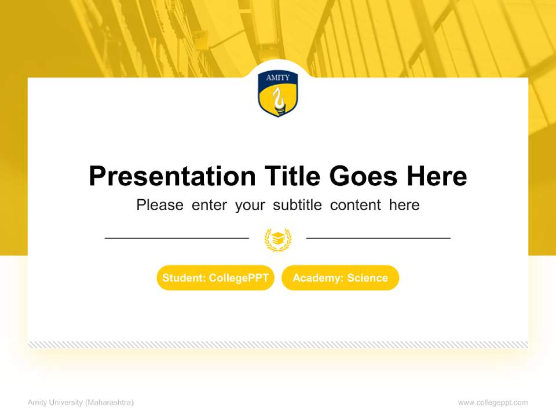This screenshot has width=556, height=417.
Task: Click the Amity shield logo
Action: (x=278, y=94)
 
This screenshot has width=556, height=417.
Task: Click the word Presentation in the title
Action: (x=172, y=176)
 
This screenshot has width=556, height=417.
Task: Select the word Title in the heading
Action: (x=293, y=176)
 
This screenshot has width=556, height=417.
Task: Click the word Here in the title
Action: (x=437, y=176)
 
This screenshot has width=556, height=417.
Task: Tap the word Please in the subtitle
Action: (x=160, y=205)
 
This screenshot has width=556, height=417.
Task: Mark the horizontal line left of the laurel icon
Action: (x=177, y=237)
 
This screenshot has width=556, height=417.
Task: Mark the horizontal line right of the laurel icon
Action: (x=378, y=237)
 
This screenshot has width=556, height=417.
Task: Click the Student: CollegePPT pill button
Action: (x=215, y=278)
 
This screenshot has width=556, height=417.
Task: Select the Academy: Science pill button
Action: (x=340, y=278)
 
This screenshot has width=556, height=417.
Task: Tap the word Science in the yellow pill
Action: (x=367, y=278)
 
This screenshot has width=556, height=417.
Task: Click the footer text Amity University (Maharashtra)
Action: (x=81, y=403)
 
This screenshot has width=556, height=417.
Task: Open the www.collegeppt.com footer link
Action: (x=493, y=403)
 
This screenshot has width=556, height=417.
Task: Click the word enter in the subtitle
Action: (x=210, y=205)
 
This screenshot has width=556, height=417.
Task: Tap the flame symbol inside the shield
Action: (x=279, y=99)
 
